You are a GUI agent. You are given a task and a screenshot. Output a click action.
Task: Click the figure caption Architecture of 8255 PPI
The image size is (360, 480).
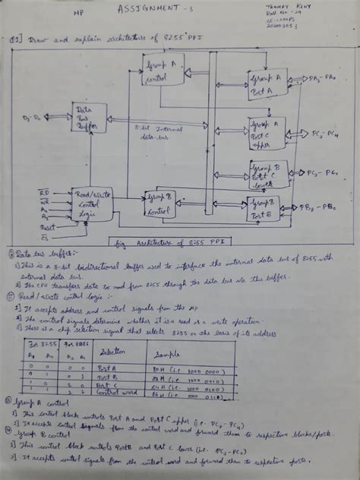(x=172, y=243)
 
